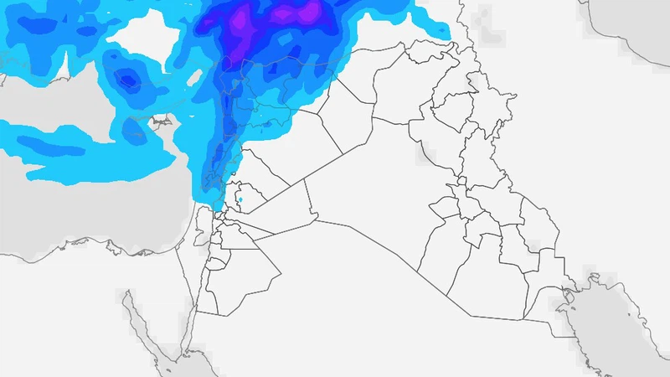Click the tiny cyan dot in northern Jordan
240,199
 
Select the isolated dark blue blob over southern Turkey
126,80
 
